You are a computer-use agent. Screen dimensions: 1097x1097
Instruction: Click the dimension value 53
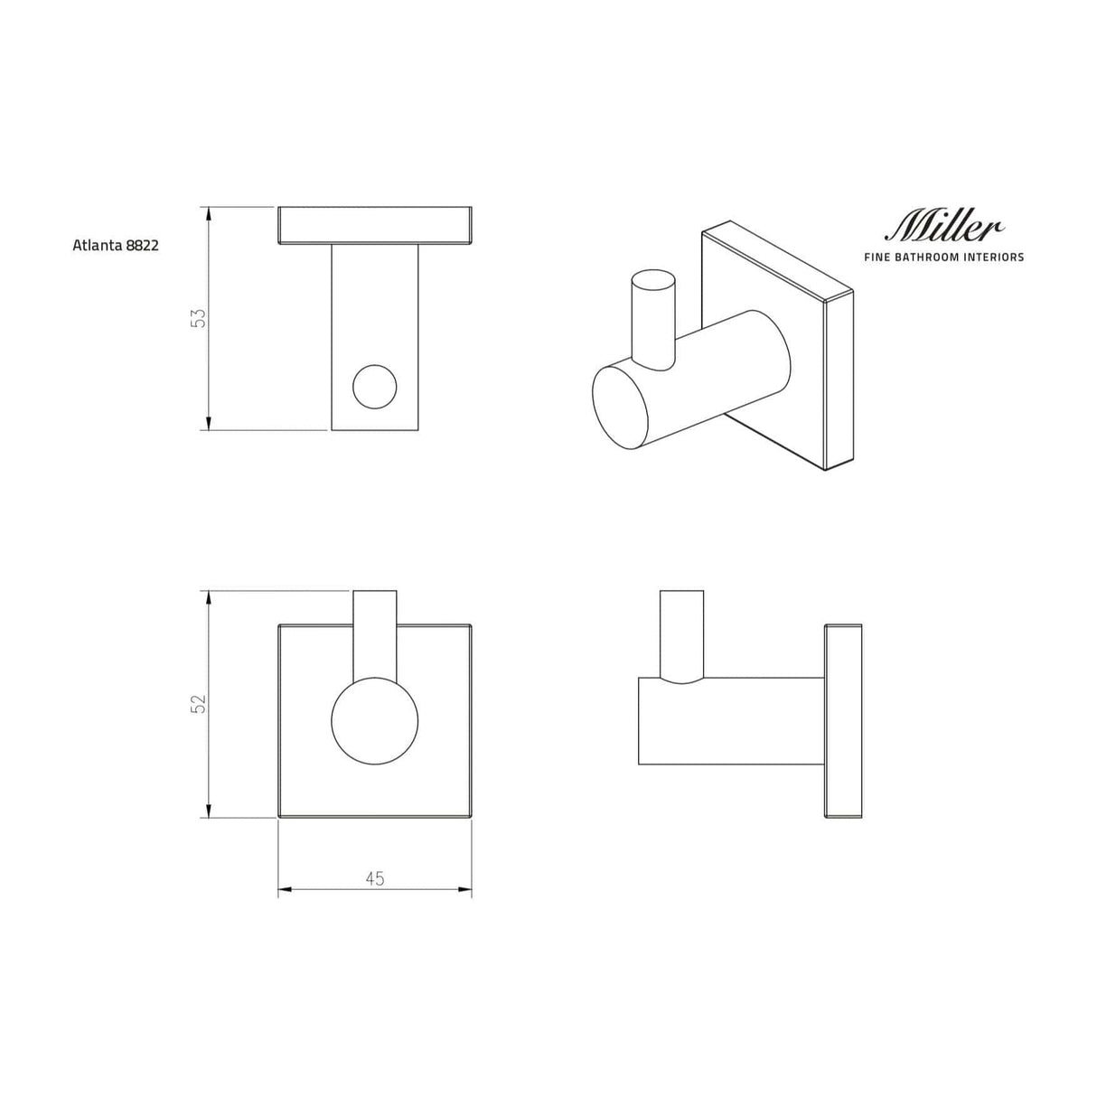[199, 318]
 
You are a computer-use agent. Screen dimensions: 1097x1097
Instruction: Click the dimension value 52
[199, 703]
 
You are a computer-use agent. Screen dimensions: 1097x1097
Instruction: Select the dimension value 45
[374, 877]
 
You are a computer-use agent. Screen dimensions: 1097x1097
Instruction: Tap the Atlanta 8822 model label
[116, 245]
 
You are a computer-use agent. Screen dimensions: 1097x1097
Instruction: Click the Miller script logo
[945, 226]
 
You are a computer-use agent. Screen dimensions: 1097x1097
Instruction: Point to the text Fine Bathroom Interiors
[944, 258]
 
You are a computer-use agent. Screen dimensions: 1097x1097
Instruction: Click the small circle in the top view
[374, 387]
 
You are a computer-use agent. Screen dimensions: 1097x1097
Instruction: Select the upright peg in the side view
[681, 633]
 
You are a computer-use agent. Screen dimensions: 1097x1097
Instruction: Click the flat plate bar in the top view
[374, 225]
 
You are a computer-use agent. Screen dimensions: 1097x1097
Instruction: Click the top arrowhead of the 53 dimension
[209, 214]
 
